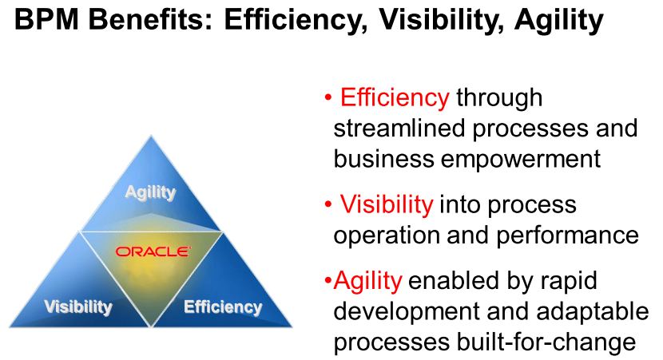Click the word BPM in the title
tap(46, 19)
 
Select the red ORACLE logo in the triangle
tap(153, 251)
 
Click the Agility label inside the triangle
tap(150, 193)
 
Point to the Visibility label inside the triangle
tap(78, 307)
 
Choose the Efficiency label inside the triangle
tap(223, 307)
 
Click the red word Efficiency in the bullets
tap(395, 97)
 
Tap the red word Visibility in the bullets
tap(387, 204)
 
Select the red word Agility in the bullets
tap(368, 281)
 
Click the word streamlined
tap(399, 128)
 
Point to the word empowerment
tap(521, 160)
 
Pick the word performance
tap(567, 235)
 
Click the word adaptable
tap(593, 312)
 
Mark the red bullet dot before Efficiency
tap(328, 98)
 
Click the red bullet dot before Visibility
tap(328, 205)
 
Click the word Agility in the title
tap(558, 20)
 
